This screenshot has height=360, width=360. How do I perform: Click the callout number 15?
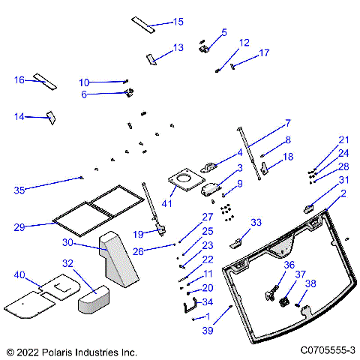(178, 22)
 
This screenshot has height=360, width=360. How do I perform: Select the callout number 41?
(166, 203)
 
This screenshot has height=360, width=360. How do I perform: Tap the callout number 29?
(20, 226)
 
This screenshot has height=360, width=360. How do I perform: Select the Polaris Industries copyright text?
(71, 350)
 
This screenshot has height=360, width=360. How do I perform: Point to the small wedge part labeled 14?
(52, 116)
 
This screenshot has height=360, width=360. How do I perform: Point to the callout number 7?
(287, 123)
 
